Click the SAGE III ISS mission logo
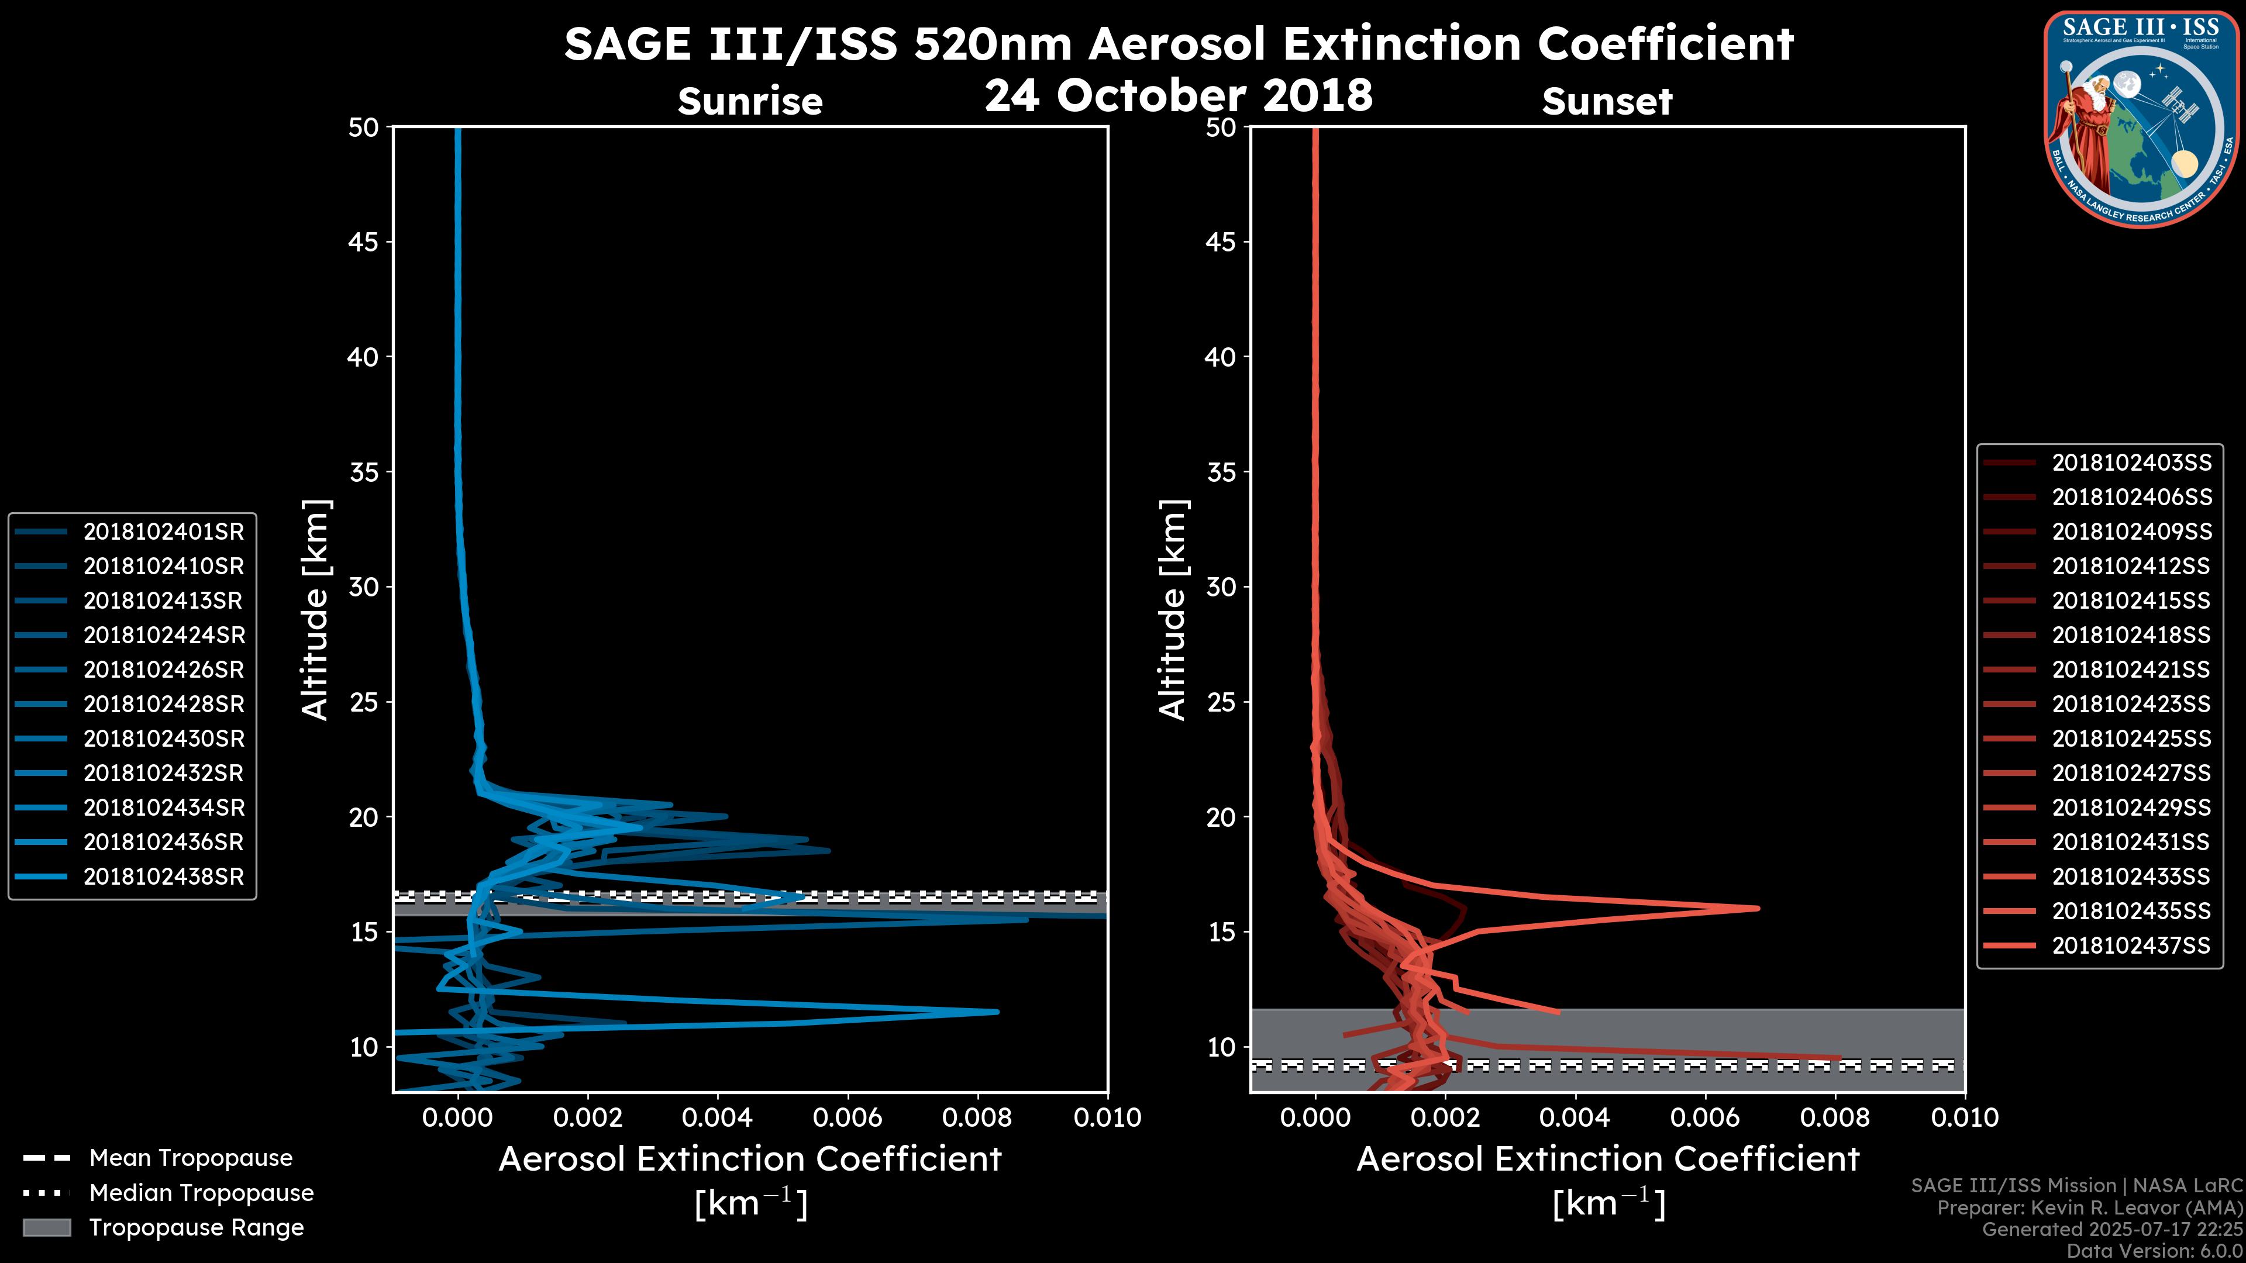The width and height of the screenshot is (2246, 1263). [x=2141, y=119]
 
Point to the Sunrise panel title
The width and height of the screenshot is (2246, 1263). [x=750, y=102]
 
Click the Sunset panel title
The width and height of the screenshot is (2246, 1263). [x=1607, y=102]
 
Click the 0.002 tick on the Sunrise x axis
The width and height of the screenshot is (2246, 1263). [x=588, y=1117]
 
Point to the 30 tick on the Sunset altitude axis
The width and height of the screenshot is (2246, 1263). [x=1221, y=586]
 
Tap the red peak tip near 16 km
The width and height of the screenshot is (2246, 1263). [x=1757, y=908]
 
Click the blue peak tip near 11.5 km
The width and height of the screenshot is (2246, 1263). [x=997, y=1012]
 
